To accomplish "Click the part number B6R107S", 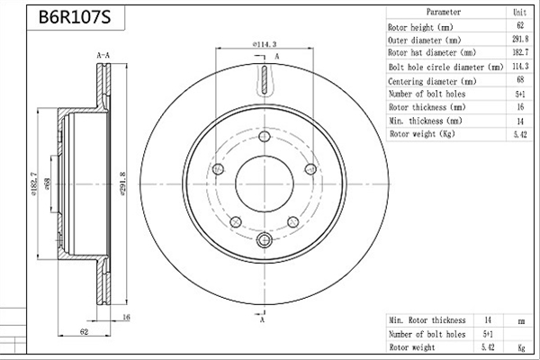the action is pyautogui.click(x=75, y=17).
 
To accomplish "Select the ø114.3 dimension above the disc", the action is pyautogui.click(x=265, y=44).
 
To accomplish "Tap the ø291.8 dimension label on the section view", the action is pyautogui.click(x=123, y=184).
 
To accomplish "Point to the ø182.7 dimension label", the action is pyautogui.click(x=34, y=184).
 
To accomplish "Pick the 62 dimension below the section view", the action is pyautogui.click(x=84, y=331).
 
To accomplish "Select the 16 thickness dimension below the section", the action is pyautogui.click(x=126, y=318).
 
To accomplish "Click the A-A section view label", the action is pyautogui.click(x=103, y=55).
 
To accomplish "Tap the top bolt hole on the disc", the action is pyautogui.click(x=265, y=137).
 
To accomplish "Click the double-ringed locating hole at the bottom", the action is pyautogui.click(x=265, y=239).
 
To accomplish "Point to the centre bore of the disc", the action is pyautogui.click(x=265, y=184).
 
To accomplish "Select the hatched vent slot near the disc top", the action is pyautogui.click(x=265, y=79).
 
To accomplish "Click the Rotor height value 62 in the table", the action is pyautogui.click(x=520, y=25).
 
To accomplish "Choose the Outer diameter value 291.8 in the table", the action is pyautogui.click(x=520, y=39).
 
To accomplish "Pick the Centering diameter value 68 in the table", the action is pyautogui.click(x=520, y=79).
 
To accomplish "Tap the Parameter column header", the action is pyautogui.click(x=444, y=12).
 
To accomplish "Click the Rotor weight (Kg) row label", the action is pyautogui.click(x=422, y=134).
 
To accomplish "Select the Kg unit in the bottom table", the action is pyautogui.click(x=521, y=347).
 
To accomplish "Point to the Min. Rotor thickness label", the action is pyautogui.click(x=427, y=320).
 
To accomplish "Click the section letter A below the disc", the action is pyautogui.click(x=263, y=320).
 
